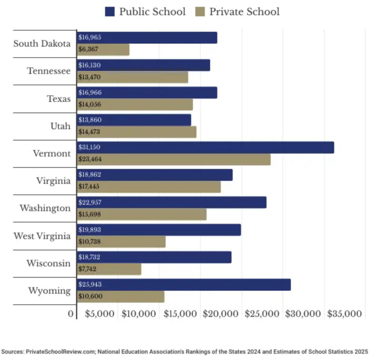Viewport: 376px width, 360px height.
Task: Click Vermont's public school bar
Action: pos(206,147)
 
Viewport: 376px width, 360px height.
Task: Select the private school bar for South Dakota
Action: pos(103,50)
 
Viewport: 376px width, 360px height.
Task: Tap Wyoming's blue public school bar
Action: pos(184,285)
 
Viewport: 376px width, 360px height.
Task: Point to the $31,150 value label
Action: pos(89,147)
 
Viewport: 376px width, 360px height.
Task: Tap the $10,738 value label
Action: pos(89,242)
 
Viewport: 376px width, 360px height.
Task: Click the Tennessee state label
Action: pos(49,71)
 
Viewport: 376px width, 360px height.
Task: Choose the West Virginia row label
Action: pos(42,236)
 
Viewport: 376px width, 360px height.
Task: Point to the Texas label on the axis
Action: pos(59,98)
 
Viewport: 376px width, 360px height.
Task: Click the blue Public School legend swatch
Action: pos(110,11)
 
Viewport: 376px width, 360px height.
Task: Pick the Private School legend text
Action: pos(244,11)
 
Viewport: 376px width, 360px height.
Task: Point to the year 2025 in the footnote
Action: pos(362,352)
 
